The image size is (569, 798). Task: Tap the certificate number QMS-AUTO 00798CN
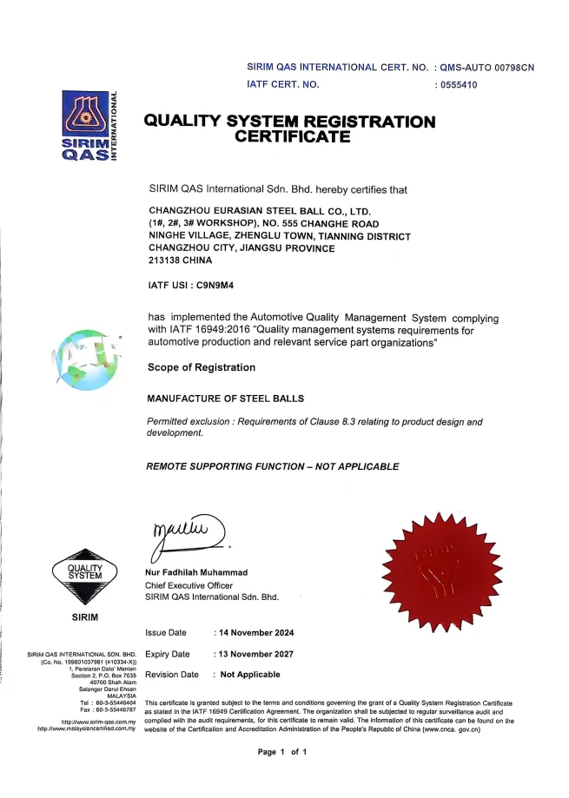click(487, 67)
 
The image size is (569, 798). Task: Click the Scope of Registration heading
click(202, 367)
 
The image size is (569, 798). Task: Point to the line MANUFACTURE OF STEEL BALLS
click(226, 399)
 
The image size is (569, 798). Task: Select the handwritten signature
click(187, 532)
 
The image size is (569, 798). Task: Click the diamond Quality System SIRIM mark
click(84, 577)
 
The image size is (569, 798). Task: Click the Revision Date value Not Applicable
click(249, 675)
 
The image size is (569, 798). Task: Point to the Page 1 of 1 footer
click(283, 751)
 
